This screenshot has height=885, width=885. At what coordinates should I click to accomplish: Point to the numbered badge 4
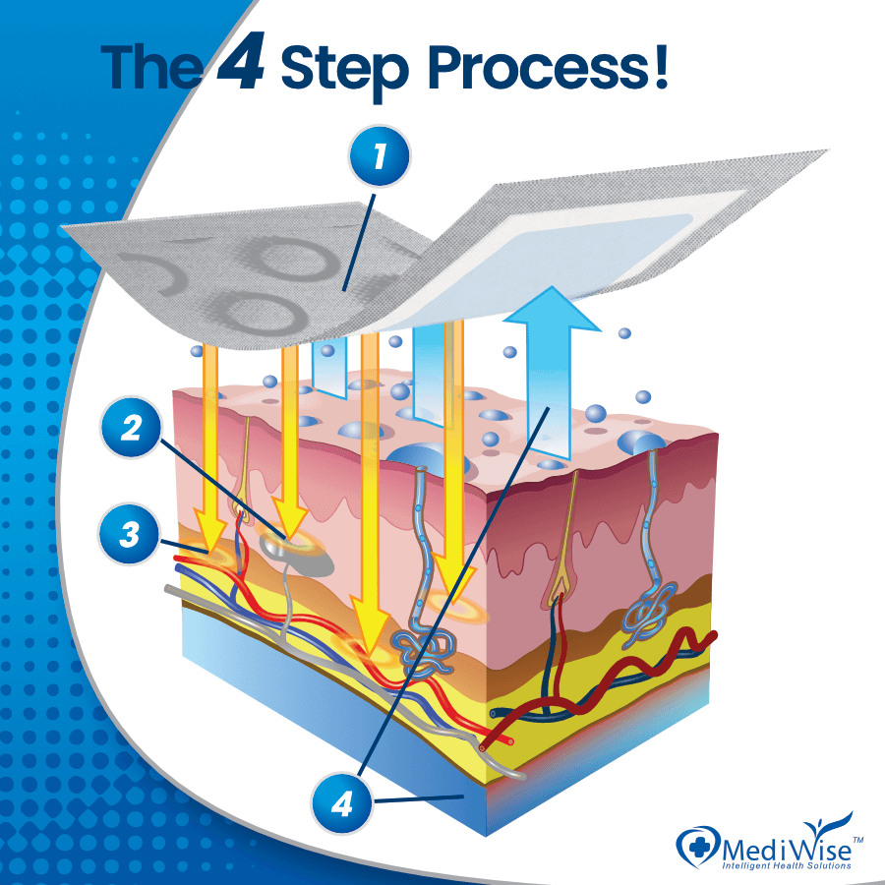341,804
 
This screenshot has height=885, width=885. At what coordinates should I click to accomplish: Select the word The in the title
152,65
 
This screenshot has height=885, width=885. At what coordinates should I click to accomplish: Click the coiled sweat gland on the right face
644,614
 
